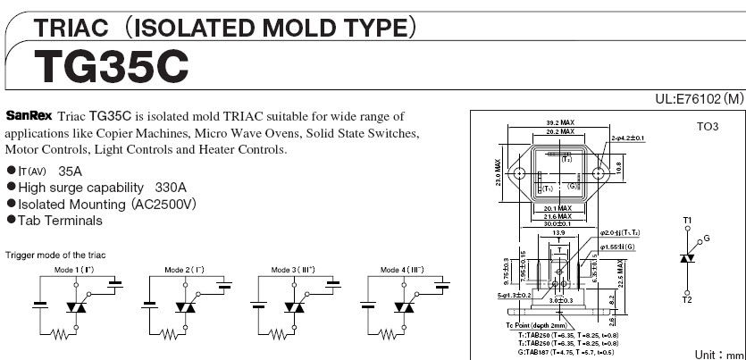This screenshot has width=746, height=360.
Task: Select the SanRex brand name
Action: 29,116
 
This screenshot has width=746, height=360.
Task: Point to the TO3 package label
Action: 707,127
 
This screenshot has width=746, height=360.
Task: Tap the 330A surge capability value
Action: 170,188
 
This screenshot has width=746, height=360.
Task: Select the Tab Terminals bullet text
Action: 60,221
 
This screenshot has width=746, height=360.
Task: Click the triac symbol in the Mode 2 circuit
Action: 185,306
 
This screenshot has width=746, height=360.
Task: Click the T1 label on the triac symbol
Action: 687,220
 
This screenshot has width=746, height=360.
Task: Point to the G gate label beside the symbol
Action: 707,239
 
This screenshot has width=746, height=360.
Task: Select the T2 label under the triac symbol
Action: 687,300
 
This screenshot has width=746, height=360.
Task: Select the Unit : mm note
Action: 717,354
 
